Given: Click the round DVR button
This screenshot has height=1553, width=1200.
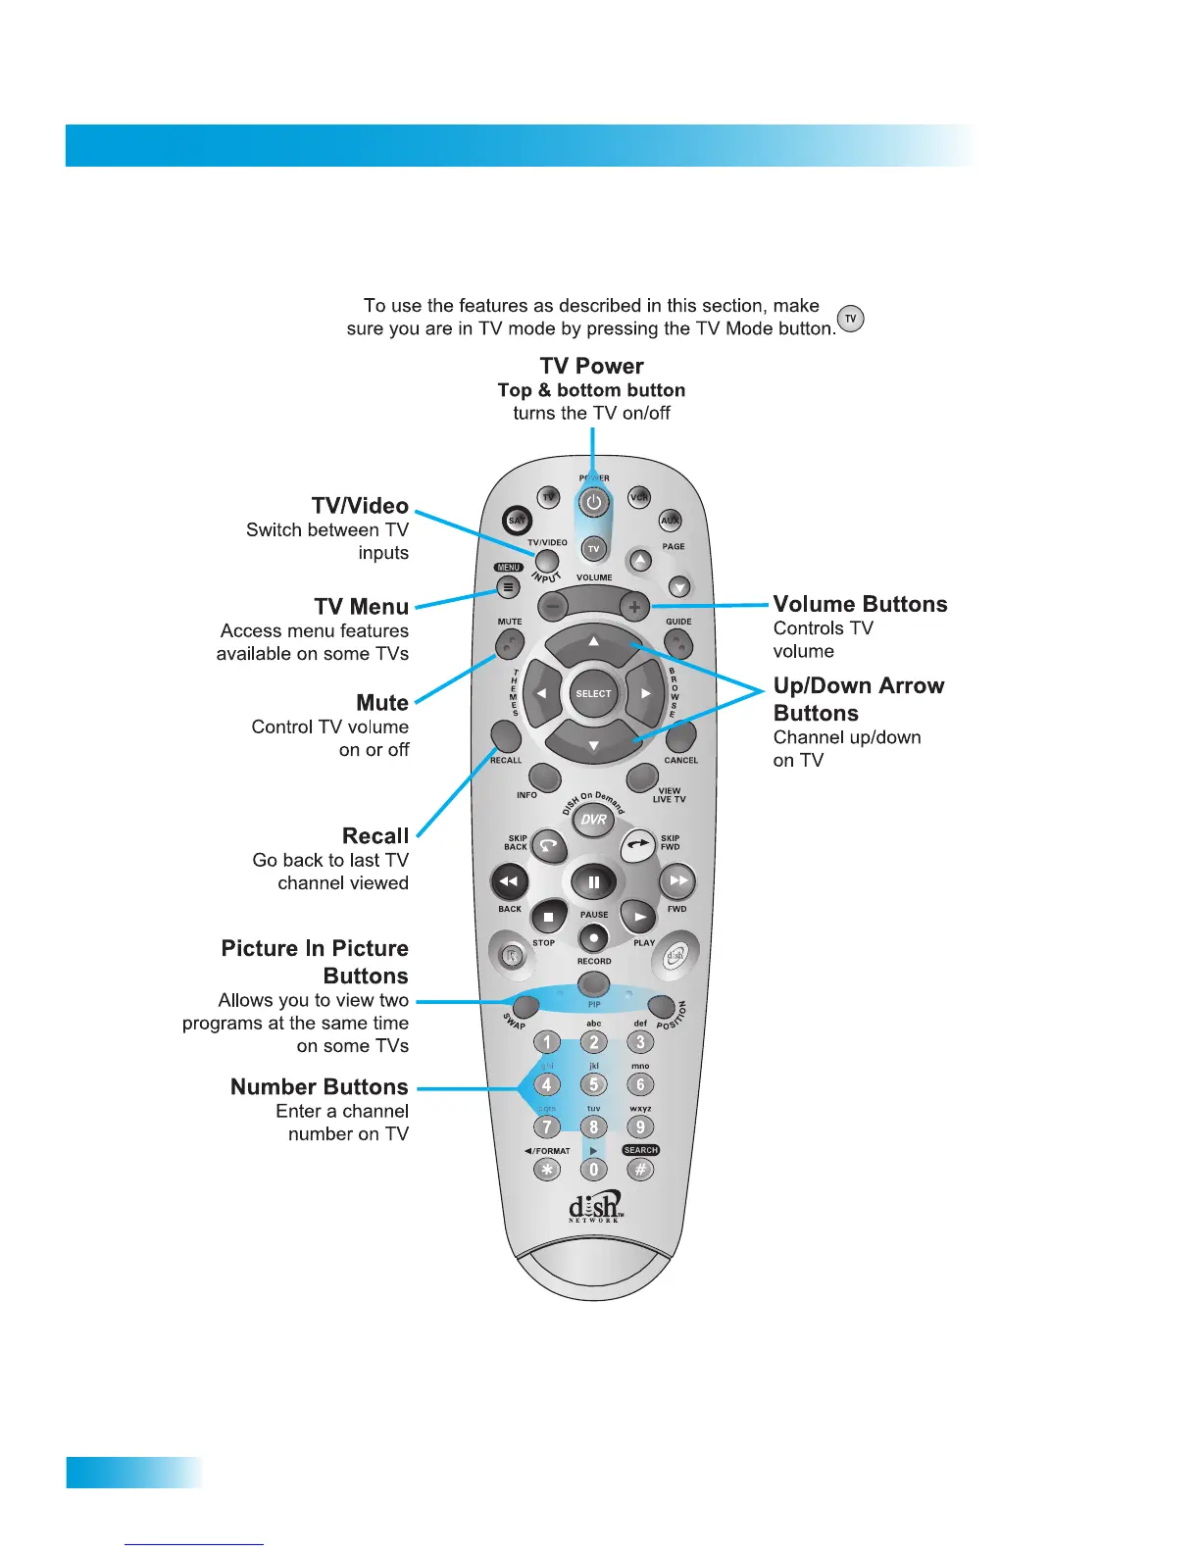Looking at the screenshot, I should tap(593, 820).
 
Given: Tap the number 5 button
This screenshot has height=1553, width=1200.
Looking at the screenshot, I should tap(593, 1084).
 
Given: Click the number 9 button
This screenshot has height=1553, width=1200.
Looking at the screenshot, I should tap(640, 1127).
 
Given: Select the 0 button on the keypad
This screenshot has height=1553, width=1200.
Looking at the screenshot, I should tap(593, 1170).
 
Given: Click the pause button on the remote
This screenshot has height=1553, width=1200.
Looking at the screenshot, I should tap(593, 882).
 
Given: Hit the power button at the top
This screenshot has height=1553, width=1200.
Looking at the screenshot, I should tap(593, 503).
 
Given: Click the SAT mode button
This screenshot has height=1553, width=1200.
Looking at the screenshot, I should tap(517, 521).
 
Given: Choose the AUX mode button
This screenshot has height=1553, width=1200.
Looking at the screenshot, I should tap(670, 521).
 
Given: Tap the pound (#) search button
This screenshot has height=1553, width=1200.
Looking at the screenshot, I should tap(640, 1170).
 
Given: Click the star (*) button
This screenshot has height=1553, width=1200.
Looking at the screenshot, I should tap(547, 1170).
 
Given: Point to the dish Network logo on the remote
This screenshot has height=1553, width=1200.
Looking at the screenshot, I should tap(595, 1206).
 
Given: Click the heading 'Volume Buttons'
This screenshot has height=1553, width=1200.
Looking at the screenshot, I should tap(860, 604).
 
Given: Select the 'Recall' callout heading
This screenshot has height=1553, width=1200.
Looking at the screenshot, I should tap(375, 836).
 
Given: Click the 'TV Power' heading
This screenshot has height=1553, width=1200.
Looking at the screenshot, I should tap(591, 366).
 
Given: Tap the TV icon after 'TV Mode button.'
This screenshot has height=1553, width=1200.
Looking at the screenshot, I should tap(851, 320).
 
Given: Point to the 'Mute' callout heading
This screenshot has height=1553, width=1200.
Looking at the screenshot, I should tap(382, 703).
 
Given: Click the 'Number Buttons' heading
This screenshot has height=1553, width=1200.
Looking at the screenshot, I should tap(319, 1087).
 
